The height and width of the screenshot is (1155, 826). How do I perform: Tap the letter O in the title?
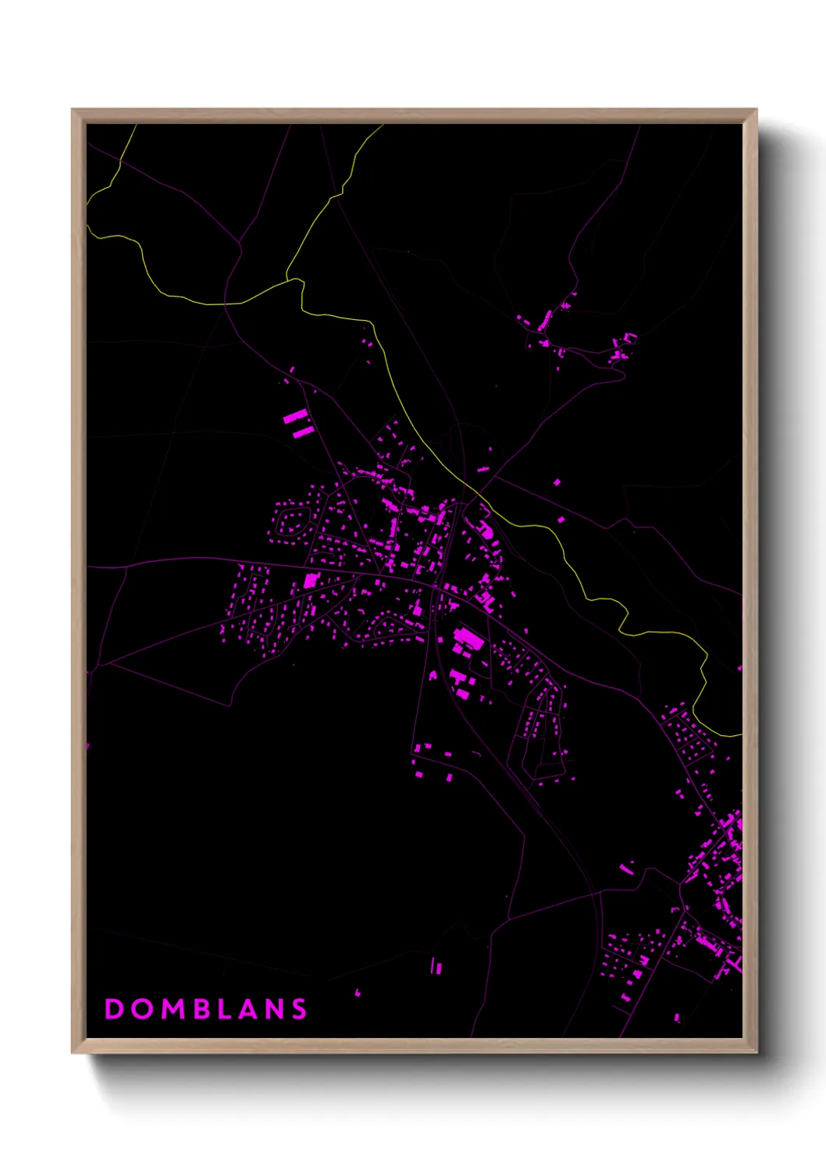(142, 1009)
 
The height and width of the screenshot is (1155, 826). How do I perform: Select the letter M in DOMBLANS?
(174, 1009)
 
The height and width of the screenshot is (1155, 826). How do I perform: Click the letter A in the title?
(251, 1009)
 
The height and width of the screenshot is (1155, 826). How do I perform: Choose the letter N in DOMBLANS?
(277, 1009)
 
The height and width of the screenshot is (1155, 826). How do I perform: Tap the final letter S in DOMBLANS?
(301, 1009)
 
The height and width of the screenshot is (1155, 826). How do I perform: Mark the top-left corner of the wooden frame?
(73, 110)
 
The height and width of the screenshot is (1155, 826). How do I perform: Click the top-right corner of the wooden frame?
(756, 110)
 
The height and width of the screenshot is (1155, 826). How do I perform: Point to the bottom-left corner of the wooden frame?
(73, 1052)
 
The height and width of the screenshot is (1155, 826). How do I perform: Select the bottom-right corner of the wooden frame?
(756, 1052)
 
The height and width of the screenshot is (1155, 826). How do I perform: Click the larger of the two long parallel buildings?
(295, 418)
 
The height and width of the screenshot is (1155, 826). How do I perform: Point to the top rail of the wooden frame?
(414, 115)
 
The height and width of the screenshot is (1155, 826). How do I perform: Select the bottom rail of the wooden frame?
(414, 1046)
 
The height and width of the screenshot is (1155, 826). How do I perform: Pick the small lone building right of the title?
(358, 993)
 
